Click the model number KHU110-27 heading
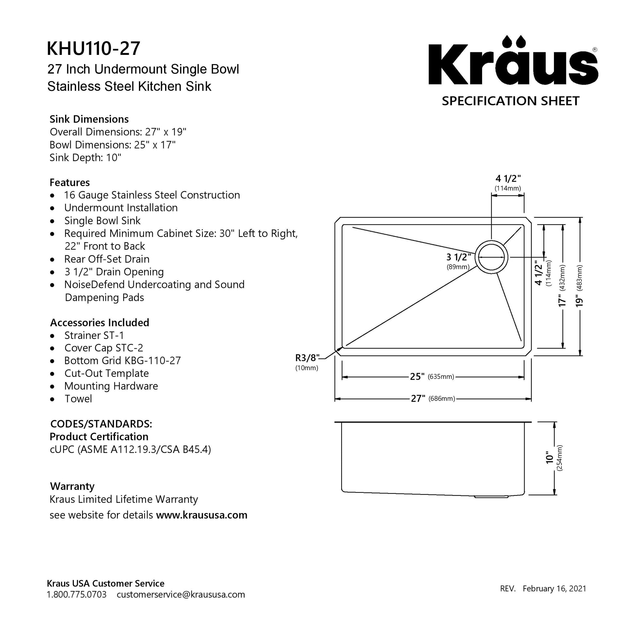tap(93, 48)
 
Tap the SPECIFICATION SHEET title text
tap(510, 101)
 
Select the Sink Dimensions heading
tap(89, 119)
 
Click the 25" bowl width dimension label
tap(417, 376)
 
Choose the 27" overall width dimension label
tap(418, 398)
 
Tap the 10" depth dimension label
tap(549, 458)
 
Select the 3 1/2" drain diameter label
tap(459, 257)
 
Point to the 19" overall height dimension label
tap(579, 300)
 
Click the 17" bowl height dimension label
tap(561, 300)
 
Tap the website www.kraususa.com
tap(201, 514)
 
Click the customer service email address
tap(181, 594)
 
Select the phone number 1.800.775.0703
tap(77, 594)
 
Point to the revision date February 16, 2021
tap(554, 588)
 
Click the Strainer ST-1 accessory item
tap(94, 335)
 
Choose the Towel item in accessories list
tap(78, 398)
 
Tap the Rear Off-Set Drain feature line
tap(107, 259)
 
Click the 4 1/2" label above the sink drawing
tap(508, 178)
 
